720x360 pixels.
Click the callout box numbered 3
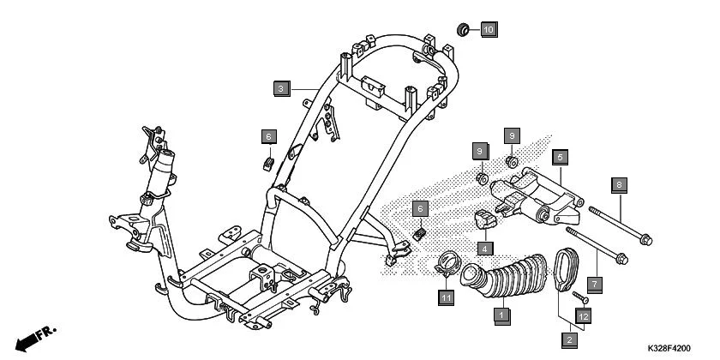click(280, 87)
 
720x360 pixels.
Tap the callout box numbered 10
click(488, 30)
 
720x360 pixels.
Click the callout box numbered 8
click(620, 183)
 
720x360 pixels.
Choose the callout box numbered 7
click(593, 281)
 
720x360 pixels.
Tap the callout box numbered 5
click(558, 158)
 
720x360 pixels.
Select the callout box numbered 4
click(484, 249)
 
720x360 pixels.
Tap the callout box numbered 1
click(497, 315)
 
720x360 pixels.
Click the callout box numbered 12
click(583, 315)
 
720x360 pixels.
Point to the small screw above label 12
click(578, 297)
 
